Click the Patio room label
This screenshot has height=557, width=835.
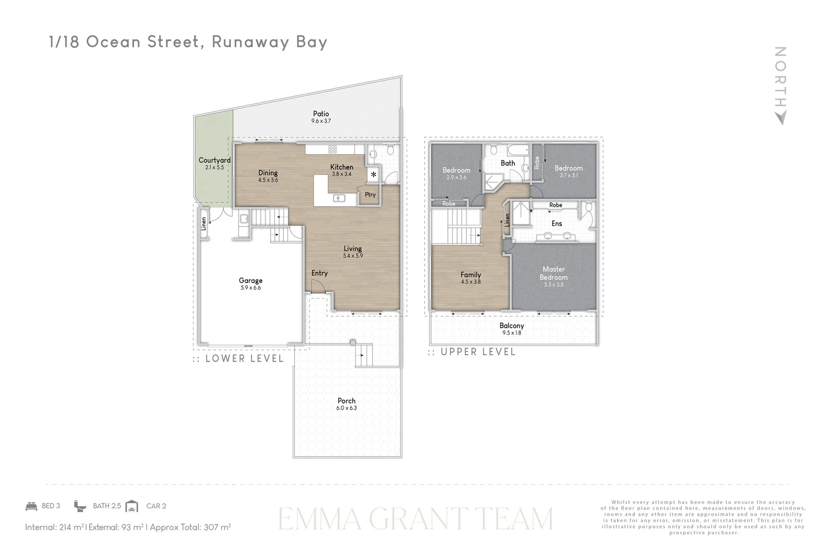[x=321, y=113]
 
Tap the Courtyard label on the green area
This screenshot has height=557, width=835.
[x=214, y=160]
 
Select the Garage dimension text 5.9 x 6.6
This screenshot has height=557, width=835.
[x=250, y=288]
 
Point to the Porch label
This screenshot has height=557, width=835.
[x=346, y=401]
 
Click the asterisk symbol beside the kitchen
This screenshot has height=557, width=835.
[x=374, y=175]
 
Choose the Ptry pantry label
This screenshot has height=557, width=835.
[x=370, y=194]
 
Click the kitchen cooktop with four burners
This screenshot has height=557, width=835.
[x=332, y=150]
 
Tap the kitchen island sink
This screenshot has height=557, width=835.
[x=339, y=198]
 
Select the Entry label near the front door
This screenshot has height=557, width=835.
[x=320, y=273]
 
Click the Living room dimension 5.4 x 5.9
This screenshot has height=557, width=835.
[x=353, y=256]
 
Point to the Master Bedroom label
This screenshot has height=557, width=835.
[x=554, y=273]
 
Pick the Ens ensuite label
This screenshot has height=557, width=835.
[x=557, y=223]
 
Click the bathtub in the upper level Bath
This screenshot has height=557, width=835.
[x=517, y=150]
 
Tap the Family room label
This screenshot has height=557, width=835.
[x=471, y=275]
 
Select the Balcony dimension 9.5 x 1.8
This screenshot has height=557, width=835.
[x=511, y=333]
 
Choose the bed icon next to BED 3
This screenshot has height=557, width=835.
[x=31, y=506]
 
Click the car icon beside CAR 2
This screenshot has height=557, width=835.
[x=132, y=506]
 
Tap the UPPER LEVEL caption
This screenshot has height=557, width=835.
[x=478, y=352]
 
